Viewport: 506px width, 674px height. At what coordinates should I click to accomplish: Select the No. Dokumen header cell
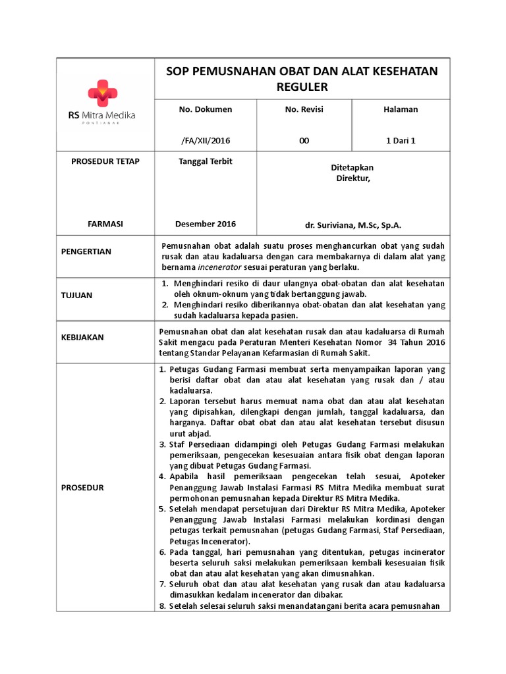(x=206, y=109)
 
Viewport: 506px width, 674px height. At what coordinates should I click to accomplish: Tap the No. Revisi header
(x=304, y=109)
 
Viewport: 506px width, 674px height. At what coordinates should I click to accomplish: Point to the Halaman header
(x=401, y=109)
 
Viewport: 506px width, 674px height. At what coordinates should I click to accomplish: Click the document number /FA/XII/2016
(x=206, y=140)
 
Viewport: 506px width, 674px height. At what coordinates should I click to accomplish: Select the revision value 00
(x=304, y=140)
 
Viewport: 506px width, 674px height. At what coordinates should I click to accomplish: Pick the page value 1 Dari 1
(x=401, y=140)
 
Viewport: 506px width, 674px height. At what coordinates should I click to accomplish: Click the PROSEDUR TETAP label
(x=105, y=162)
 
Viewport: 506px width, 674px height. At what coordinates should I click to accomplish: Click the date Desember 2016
(x=206, y=224)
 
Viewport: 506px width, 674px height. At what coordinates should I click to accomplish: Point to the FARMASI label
(x=105, y=224)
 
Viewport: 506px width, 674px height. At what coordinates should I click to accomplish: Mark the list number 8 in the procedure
(x=162, y=606)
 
